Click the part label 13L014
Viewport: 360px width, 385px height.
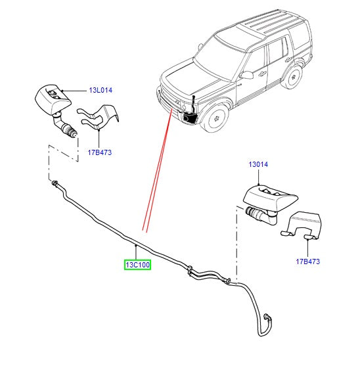(x=101, y=90)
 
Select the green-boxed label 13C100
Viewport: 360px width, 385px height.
(x=137, y=265)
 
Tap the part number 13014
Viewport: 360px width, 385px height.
(x=258, y=164)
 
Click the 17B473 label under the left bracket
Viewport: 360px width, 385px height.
(x=100, y=152)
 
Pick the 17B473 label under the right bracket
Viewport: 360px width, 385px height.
(x=307, y=261)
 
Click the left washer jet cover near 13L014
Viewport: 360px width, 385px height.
(x=53, y=99)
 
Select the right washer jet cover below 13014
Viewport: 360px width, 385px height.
(x=270, y=198)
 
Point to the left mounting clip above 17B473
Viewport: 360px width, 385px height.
(x=99, y=117)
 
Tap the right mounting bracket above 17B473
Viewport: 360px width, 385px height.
(x=302, y=225)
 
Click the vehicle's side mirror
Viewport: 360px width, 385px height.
(x=247, y=75)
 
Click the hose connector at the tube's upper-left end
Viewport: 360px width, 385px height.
(x=55, y=183)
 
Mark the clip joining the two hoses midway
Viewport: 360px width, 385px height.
(x=190, y=269)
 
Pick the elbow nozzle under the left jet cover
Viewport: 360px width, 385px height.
(x=65, y=125)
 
